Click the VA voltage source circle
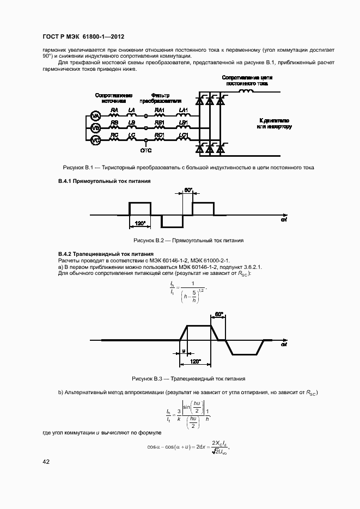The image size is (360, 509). click(x=95, y=116)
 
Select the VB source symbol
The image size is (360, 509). click(x=95, y=128)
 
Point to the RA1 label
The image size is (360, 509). click(x=160, y=111)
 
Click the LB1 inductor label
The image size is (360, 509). click(x=184, y=122)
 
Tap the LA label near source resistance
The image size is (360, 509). click(x=131, y=111)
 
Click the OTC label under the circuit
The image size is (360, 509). click(x=146, y=150)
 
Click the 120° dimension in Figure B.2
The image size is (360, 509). click(x=139, y=224)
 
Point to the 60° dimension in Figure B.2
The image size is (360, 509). click(x=188, y=190)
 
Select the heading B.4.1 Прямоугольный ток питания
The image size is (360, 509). click(x=104, y=180)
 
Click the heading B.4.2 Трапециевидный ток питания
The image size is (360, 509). click(x=106, y=254)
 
